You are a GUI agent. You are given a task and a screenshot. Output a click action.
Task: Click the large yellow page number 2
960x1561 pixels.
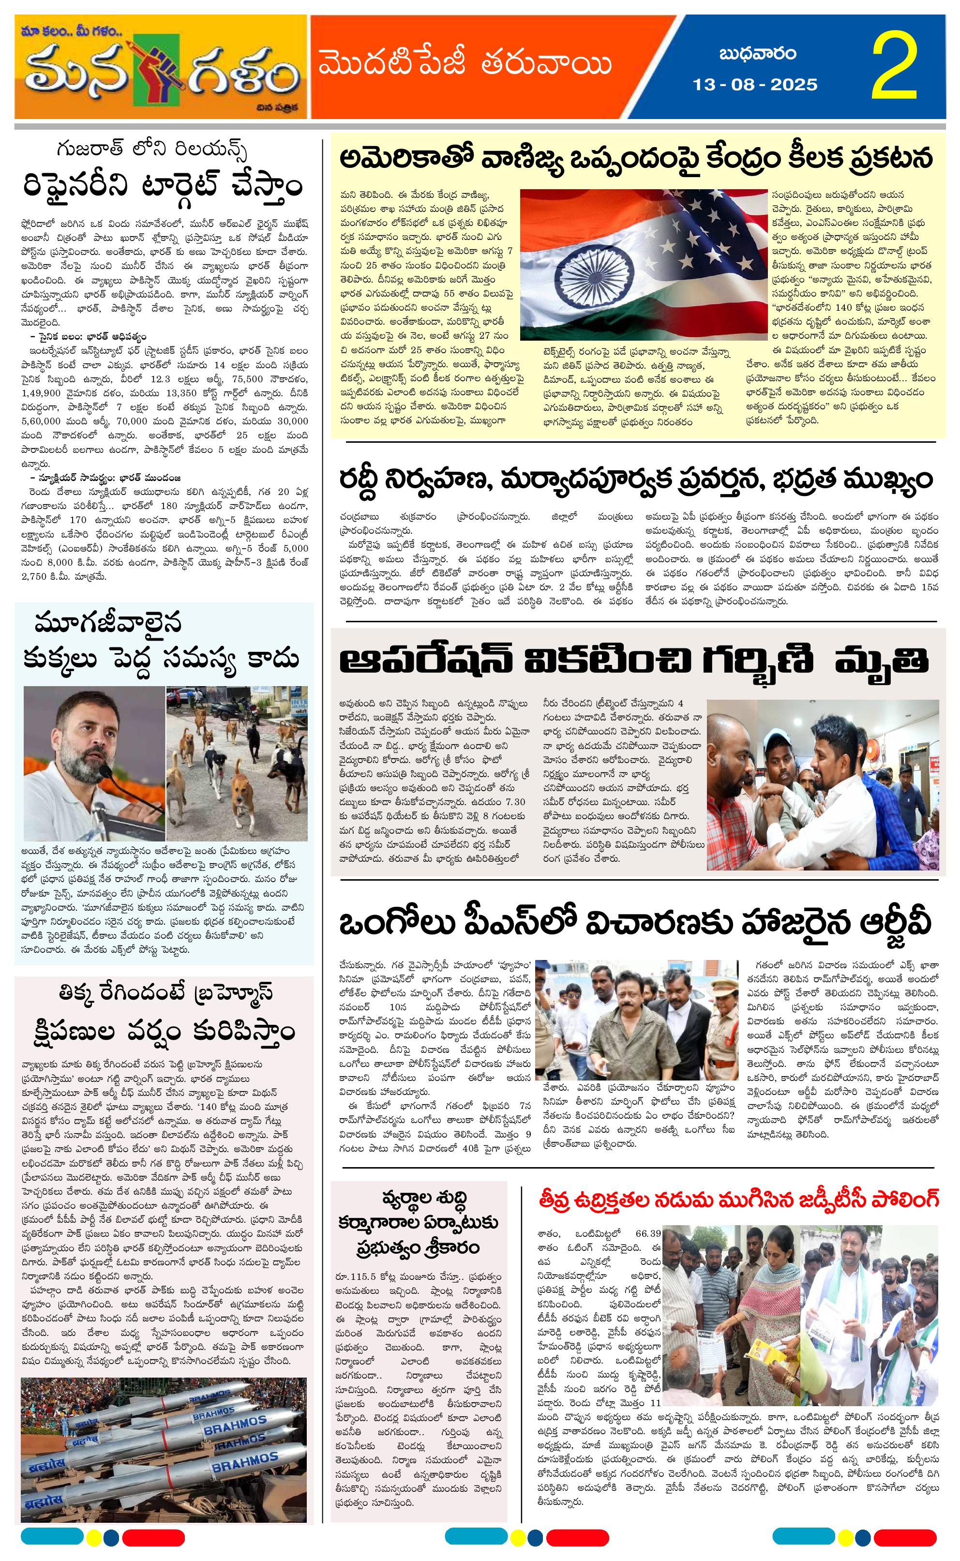coord(895,67)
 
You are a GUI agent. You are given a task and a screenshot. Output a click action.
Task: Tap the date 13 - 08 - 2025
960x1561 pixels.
coord(755,84)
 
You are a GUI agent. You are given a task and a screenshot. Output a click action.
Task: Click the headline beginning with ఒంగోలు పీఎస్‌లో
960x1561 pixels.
coord(634,924)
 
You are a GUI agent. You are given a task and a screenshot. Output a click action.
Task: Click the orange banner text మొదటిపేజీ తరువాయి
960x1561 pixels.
coord(465,65)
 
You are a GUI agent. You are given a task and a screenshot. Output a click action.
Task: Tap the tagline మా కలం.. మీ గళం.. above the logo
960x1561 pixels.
coord(69,30)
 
